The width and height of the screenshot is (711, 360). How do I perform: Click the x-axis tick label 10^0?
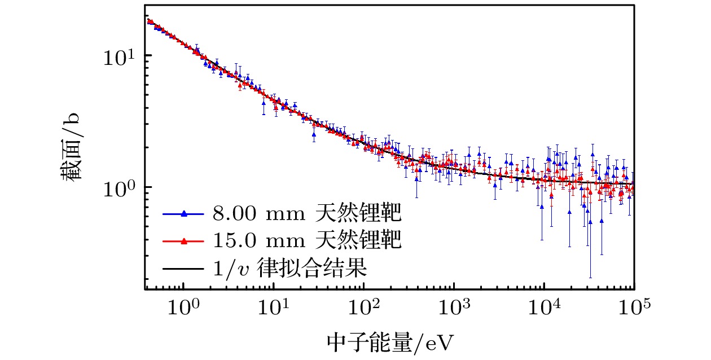(x=183, y=309)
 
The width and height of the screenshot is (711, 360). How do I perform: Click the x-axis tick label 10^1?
(x=273, y=309)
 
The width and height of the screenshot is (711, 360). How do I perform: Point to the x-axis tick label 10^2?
(x=363, y=309)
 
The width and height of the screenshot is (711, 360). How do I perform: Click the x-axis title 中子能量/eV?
(x=390, y=343)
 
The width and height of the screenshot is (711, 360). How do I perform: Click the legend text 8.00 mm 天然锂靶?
(x=306, y=214)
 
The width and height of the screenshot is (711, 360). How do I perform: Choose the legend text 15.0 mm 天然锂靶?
(x=306, y=242)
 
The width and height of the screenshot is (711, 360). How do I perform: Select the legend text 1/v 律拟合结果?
(x=289, y=269)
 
